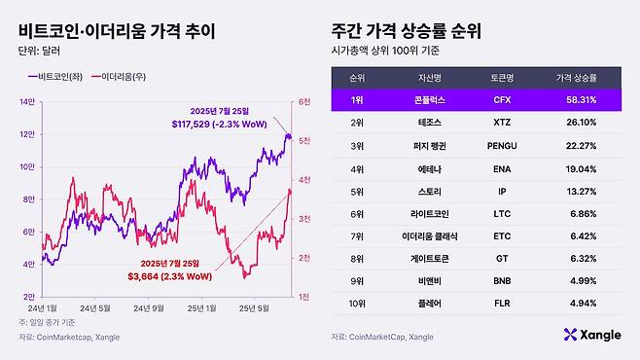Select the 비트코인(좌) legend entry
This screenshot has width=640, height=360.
57,76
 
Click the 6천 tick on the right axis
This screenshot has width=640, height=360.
304,101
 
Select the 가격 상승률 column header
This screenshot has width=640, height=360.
577,75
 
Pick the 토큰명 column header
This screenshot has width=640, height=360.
503,75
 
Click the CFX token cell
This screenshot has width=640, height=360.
503,98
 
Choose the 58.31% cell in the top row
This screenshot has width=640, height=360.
577,98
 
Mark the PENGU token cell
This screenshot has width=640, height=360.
503,146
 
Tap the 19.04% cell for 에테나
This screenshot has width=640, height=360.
577,169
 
